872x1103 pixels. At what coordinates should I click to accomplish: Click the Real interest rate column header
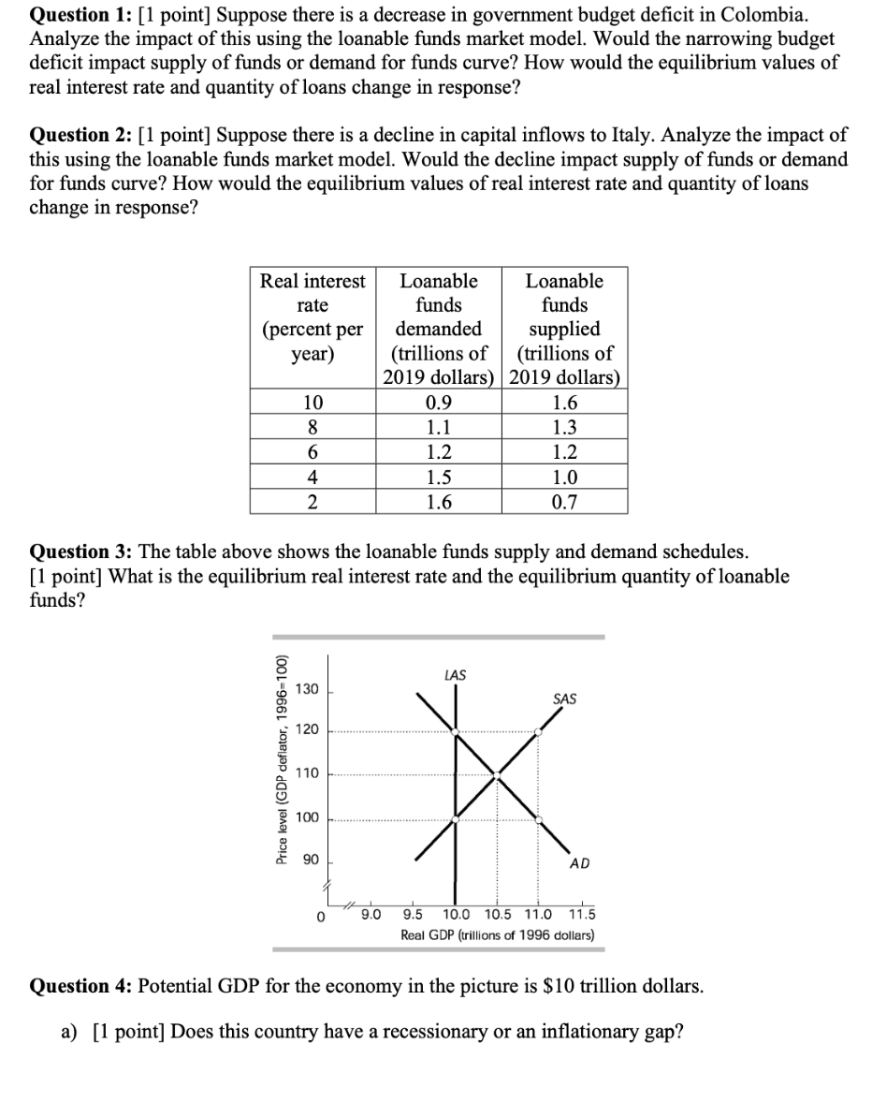click(312, 317)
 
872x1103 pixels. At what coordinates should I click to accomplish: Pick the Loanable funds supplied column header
click(564, 330)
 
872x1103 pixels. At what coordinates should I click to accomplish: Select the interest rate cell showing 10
click(312, 404)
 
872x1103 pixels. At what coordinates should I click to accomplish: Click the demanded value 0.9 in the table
click(438, 404)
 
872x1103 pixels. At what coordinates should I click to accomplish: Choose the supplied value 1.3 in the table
click(564, 428)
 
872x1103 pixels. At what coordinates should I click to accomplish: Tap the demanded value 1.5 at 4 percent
click(438, 478)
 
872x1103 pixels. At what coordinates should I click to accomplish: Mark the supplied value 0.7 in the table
click(564, 502)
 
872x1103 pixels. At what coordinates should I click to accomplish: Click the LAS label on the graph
click(456, 674)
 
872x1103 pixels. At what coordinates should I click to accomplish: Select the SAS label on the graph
click(565, 699)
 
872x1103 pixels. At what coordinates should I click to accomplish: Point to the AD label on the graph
click(579, 863)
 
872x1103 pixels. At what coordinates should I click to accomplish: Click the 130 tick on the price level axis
click(307, 690)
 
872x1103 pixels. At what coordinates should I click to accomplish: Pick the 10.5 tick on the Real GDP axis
click(497, 915)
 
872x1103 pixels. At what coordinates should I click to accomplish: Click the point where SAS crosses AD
click(497, 774)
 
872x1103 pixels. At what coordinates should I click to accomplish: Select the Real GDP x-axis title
click(497, 934)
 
